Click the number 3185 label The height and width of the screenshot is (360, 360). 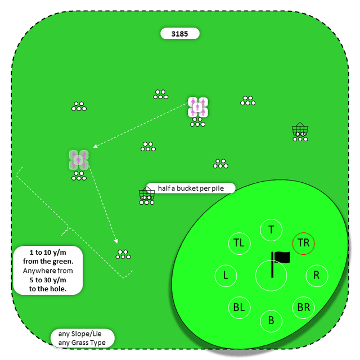coord(180,34)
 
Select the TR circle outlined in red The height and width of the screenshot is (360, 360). coord(304,243)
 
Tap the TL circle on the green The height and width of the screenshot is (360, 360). coord(239,243)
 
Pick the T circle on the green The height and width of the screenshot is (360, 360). coord(271,229)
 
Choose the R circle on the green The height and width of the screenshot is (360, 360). coord(317,276)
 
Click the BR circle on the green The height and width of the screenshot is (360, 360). coord(304,308)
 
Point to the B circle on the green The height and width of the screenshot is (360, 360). coord(271,321)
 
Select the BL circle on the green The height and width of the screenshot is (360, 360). coord(239,308)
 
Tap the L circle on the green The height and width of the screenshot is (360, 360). coord(226,276)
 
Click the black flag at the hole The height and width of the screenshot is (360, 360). coord(281,258)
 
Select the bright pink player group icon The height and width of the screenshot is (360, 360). coord(198,107)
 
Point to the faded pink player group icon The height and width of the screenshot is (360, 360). coord(79,160)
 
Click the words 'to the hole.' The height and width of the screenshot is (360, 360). coord(48,289)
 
